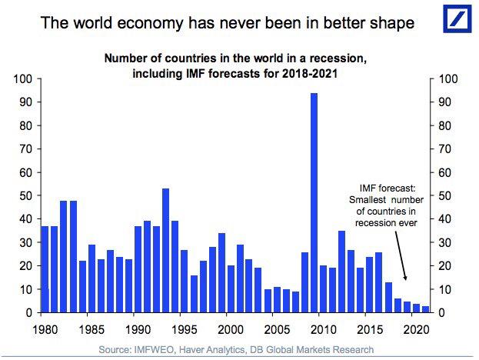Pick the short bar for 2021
(424, 309)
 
